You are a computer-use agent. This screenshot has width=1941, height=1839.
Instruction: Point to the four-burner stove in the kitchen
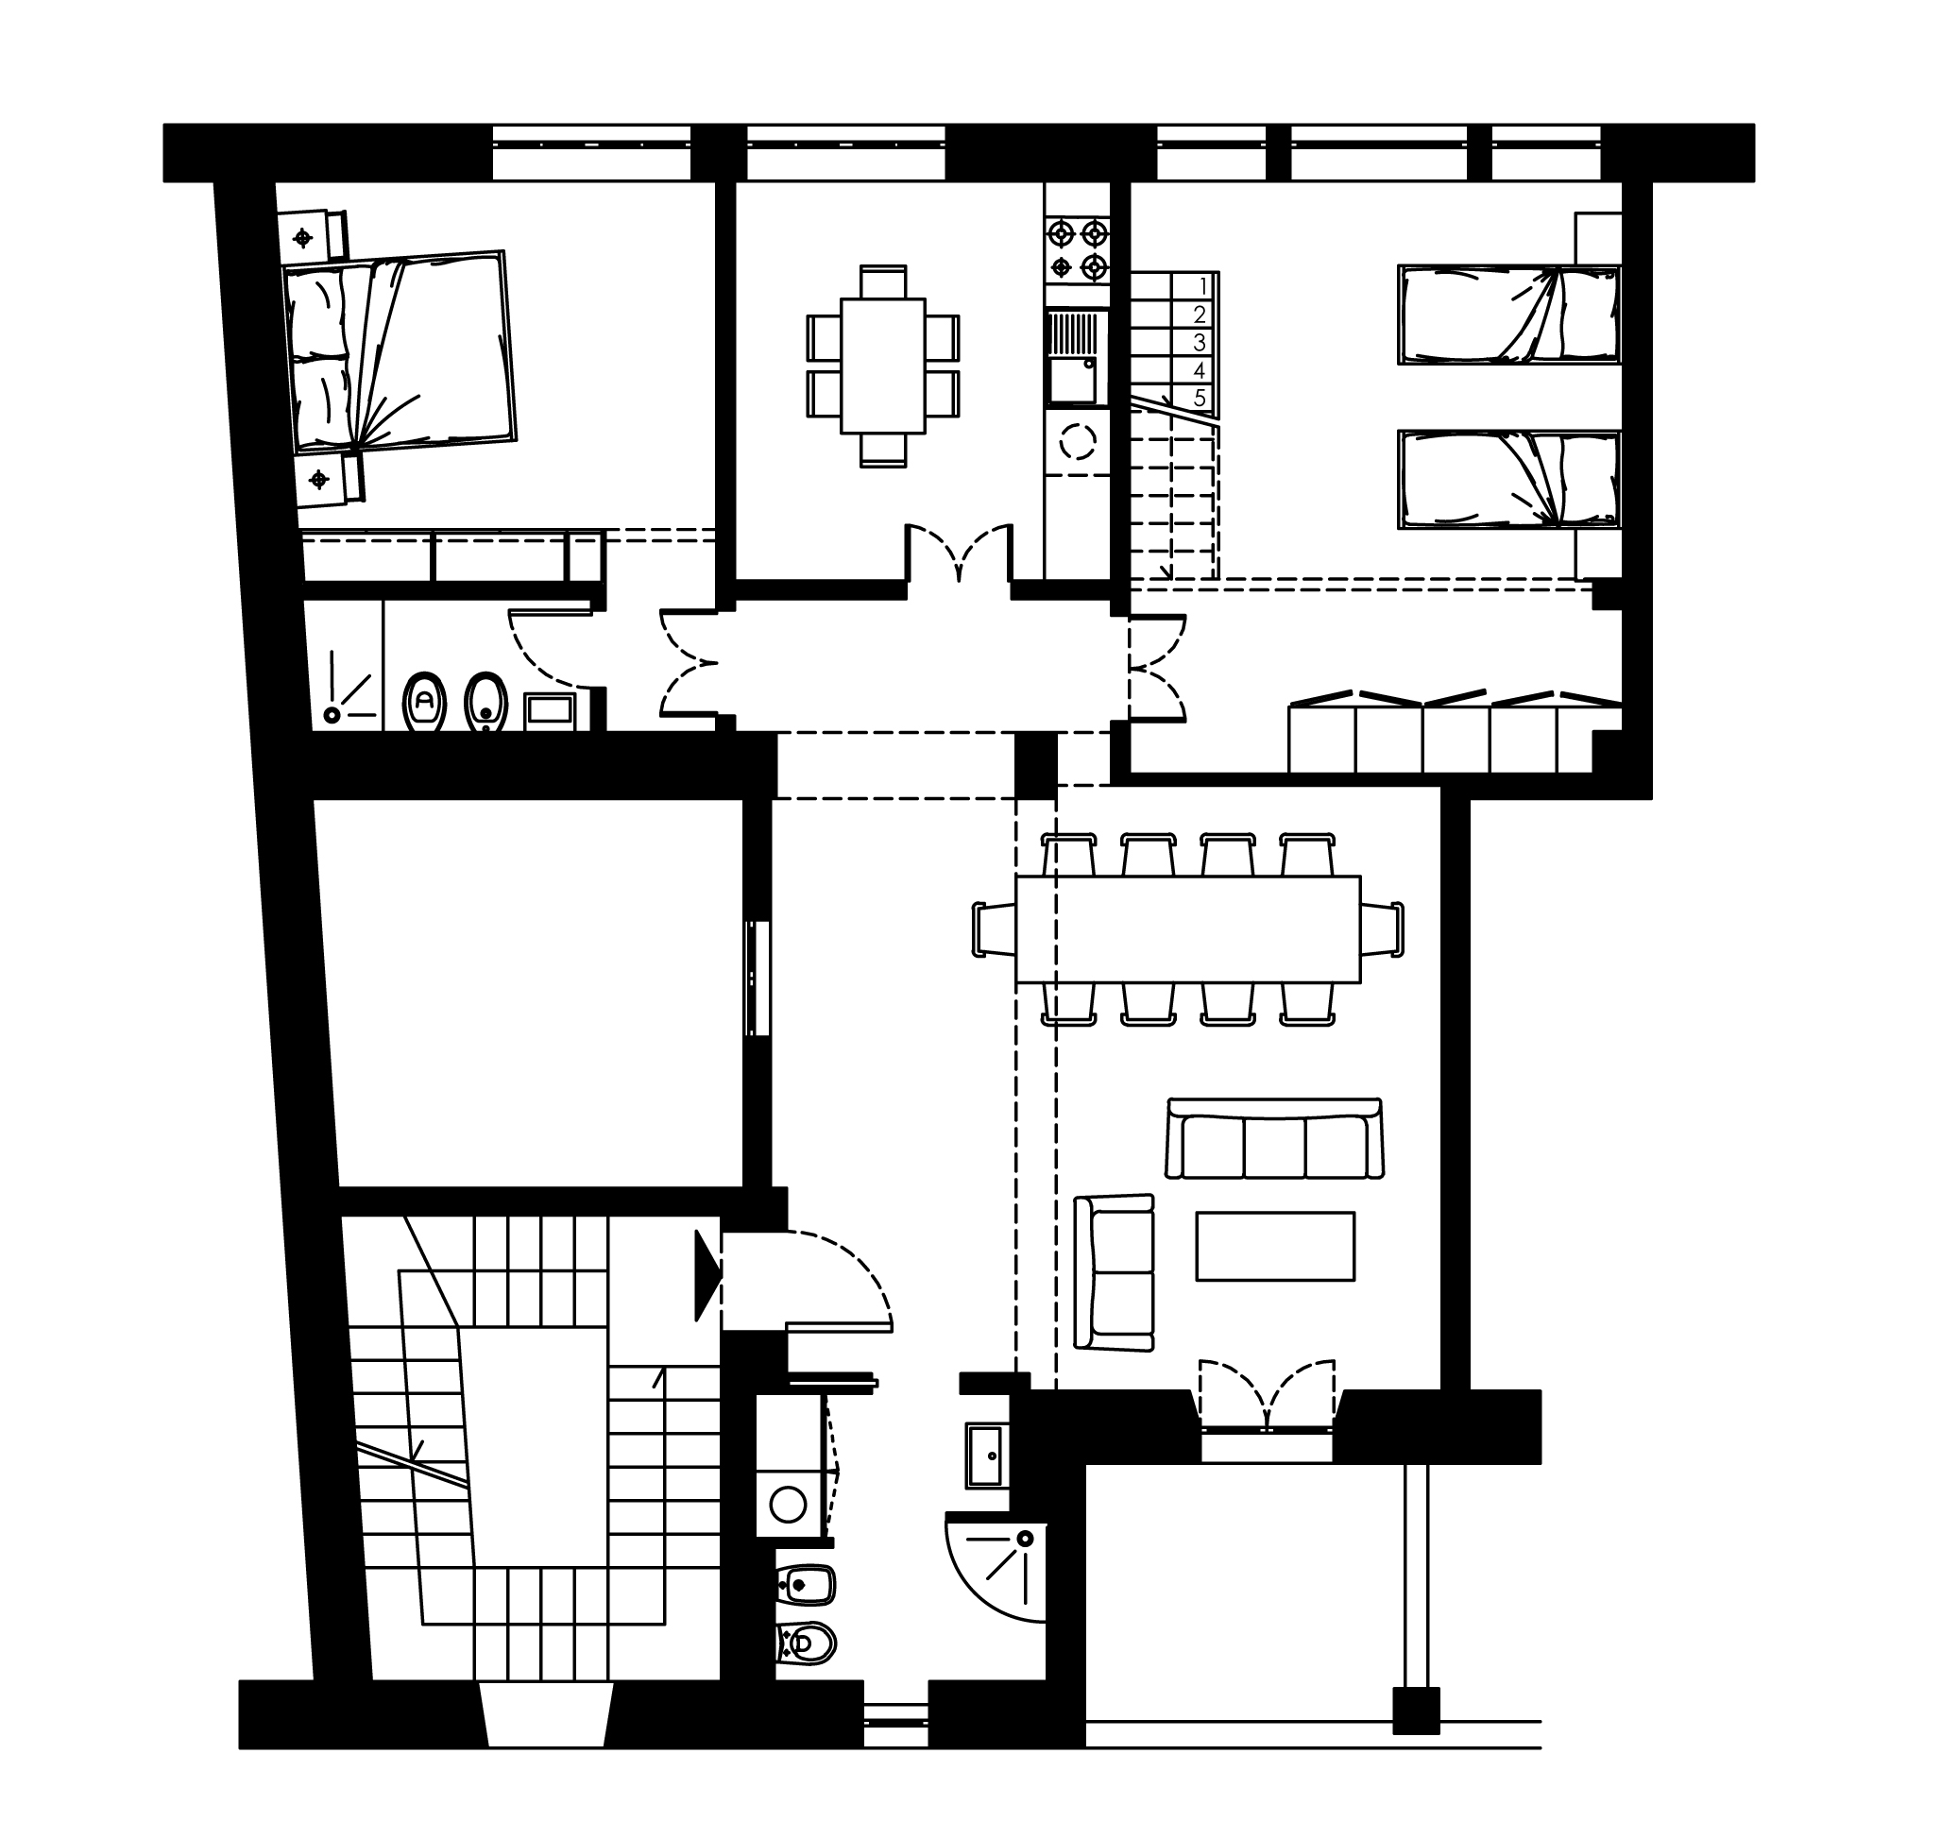(x=1078, y=250)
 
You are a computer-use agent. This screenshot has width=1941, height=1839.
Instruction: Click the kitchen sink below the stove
(x=1075, y=358)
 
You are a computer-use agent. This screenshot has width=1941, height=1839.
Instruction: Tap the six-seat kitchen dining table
(x=882, y=366)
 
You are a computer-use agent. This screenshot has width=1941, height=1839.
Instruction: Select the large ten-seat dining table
(x=1188, y=929)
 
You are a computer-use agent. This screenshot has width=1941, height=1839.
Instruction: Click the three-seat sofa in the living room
(x=1274, y=1139)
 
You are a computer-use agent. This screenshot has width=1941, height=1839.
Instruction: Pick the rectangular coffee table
(x=1275, y=1247)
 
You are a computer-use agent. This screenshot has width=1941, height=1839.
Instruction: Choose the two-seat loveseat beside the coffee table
(x=1114, y=1273)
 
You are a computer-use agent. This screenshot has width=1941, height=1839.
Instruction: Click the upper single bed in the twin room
(x=1508, y=315)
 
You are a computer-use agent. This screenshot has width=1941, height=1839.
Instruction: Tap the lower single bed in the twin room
(x=1508, y=481)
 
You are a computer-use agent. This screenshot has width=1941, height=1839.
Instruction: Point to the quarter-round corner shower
(x=996, y=1572)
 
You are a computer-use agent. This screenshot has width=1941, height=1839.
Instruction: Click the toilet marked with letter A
(x=424, y=702)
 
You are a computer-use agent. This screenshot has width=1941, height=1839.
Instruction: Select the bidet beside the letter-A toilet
(x=486, y=702)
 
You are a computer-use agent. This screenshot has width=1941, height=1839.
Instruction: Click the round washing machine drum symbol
(x=788, y=1504)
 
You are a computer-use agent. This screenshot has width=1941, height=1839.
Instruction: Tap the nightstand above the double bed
(x=312, y=236)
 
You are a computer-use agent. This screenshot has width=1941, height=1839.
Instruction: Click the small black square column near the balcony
(x=1416, y=1711)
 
